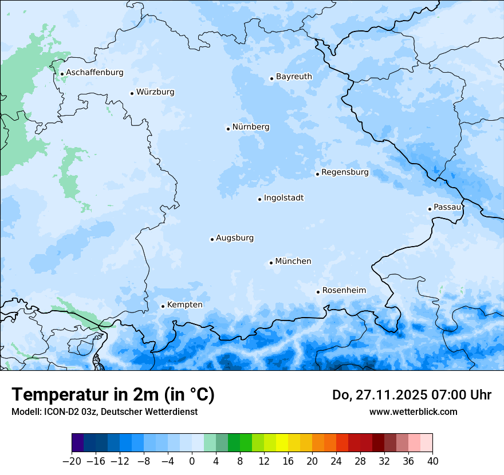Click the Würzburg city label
tap(155, 92)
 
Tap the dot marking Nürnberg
tap(228, 129)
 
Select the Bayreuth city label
tap(294, 77)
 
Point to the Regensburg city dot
tap(317, 174)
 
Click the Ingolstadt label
tap(283, 198)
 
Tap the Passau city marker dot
tap(430, 209)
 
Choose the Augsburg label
tap(235, 238)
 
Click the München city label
tap(293, 262)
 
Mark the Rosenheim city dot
tap(318, 292)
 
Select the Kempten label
tap(184, 305)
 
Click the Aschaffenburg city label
tap(94, 73)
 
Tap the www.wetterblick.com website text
tap(413, 411)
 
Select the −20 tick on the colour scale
tap(72, 461)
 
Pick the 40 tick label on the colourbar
tap(432, 461)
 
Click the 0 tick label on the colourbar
tap(192, 461)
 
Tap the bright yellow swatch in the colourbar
tap(282, 443)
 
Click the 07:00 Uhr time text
tap(465, 395)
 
